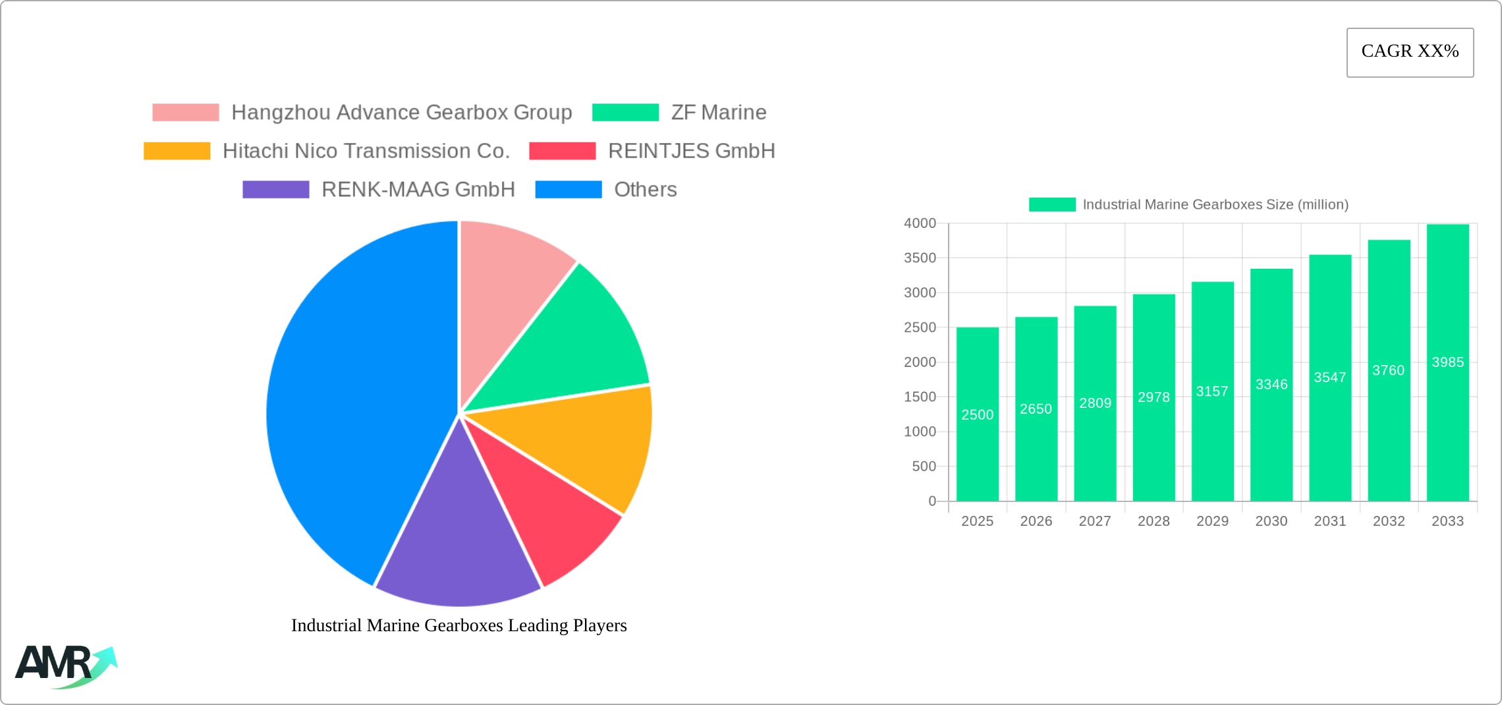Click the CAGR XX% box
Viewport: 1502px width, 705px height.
click(x=1410, y=52)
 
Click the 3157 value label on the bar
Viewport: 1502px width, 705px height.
click(x=1212, y=391)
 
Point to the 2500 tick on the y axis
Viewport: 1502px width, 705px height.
click(x=920, y=327)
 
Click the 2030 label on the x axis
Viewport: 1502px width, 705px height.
click(x=1271, y=521)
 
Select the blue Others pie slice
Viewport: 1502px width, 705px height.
click(x=349, y=395)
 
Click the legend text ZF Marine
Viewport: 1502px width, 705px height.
click(x=719, y=113)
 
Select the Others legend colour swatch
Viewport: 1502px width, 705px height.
click(x=568, y=190)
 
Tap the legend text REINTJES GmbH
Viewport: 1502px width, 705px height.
click(x=691, y=151)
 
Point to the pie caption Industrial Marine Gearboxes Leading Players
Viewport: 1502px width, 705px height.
click(x=459, y=625)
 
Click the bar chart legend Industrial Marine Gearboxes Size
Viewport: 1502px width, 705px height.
click(x=1215, y=205)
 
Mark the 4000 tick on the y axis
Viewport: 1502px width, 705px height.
click(x=920, y=223)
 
